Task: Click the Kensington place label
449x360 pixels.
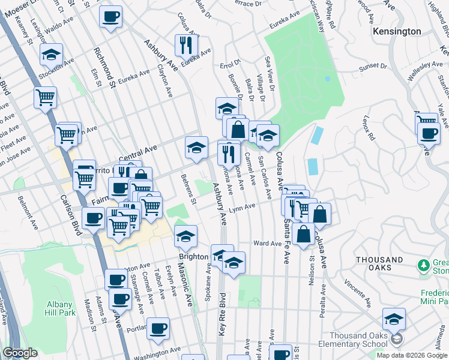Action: [397, 31]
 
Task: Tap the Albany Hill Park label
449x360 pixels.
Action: [59, 308]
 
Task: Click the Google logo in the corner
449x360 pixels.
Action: [20, 353]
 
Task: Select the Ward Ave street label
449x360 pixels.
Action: [267, 244]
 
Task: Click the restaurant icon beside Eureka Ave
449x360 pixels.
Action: [186, 45]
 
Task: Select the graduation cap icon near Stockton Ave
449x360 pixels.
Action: [52, 55]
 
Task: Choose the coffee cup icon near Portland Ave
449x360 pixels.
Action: [158, 328]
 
